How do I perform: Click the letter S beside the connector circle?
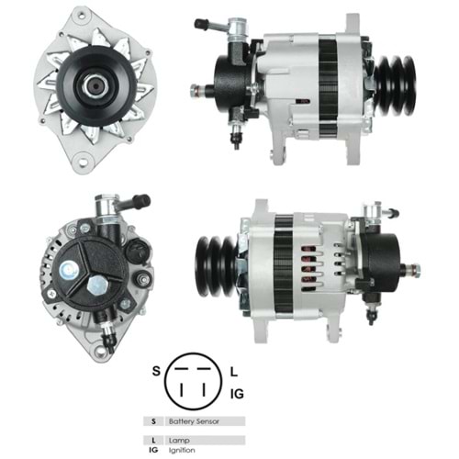tap(156, 371)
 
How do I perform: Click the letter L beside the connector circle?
tap(234, 372)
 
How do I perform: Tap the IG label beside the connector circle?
tap(237, 394)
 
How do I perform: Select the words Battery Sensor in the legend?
tap(194, 421)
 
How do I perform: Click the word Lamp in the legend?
tap(179, 441)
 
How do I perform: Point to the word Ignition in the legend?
tap(182, 451)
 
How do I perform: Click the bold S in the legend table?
tap(153, 421)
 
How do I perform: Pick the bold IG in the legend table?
tap(153, 450)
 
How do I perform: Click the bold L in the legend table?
tap(153, 441)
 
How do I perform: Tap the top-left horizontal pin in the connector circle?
tap(181, 369)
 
